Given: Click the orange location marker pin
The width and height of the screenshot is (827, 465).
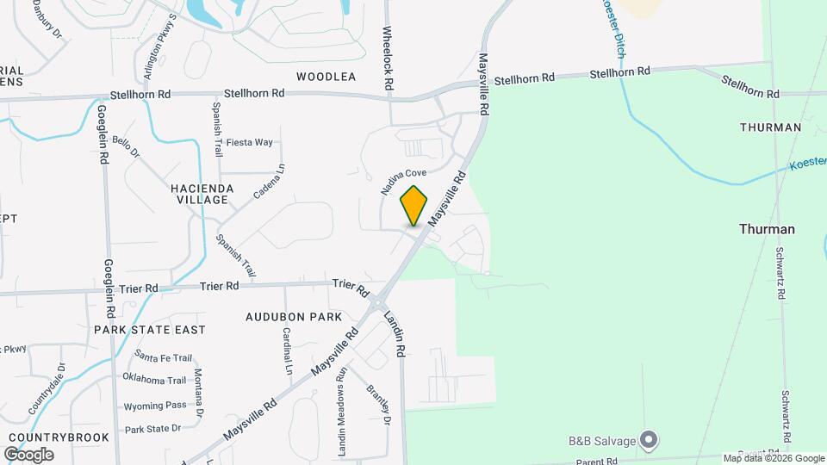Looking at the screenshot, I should pyautogui.click(x=414, y=206).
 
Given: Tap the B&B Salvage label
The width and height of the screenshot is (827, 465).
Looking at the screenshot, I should pyautogui.click(x=601, y=442).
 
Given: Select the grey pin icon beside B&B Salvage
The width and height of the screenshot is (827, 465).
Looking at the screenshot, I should pyautogui.click(x=650, y=441).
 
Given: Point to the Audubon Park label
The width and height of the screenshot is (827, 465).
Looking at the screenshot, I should pyautogui.click(x=294, y=317).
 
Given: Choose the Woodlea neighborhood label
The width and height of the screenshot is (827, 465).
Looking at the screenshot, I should pyautogui.click(x=326, y=77).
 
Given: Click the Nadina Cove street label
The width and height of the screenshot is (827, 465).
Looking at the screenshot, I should pyautogui.click(x=404, y=180).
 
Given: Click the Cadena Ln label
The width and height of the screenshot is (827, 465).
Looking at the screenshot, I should pyautogui.click(x=269, y=183).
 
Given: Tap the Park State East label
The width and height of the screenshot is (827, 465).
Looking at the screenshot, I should pyautogui.click(x=150, y=330).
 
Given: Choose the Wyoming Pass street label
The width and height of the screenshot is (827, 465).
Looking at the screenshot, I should pyautogui.click(x=155, y=405).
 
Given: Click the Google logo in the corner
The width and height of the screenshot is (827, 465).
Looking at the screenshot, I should pyautogui.click(x=28, y=454).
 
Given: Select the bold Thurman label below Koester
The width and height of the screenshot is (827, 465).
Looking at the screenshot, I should pyautogui.click(x=767, y=229).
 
